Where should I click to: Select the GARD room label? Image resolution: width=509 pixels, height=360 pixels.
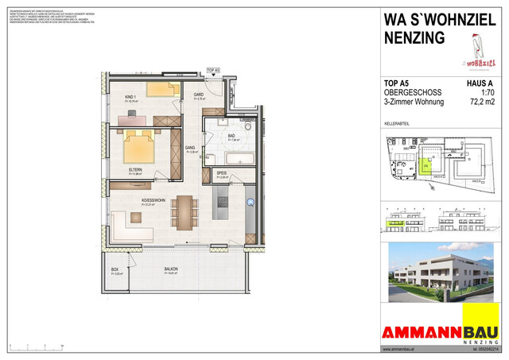[199, 95]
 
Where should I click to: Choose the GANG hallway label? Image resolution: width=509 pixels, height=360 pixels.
[191, 149]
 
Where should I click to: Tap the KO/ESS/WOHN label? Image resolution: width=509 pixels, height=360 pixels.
[153, 201]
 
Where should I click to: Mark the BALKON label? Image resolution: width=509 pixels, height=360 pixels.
[171, 269]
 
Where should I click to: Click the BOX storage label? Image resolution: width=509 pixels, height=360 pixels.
[115, 269]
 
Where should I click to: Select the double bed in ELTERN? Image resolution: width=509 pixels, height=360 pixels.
[138, 145]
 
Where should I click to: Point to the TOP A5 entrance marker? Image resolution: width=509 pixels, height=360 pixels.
[212, 71]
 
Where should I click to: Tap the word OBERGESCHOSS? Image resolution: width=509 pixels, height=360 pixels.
[413, 92]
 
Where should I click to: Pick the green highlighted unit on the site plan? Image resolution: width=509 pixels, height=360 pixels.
[425, 165]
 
